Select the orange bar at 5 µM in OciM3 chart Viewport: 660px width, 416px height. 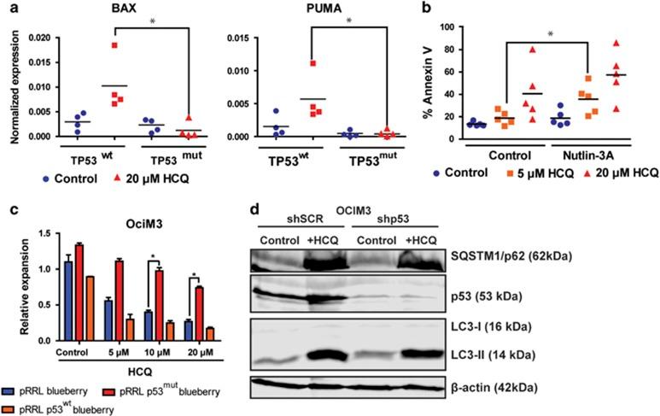[x=108, y=328]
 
